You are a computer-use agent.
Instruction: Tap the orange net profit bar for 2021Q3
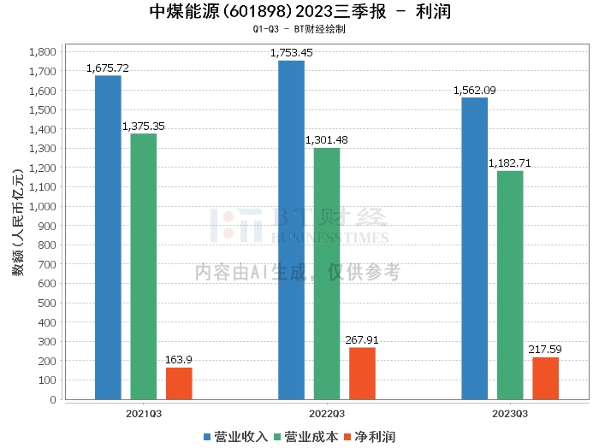pyautogui.click(x=179, y=383)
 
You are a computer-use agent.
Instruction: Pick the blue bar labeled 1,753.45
pyautogui.click(x=291, y=230)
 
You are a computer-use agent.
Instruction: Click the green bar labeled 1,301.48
pyautogui.click(x=327, y=274)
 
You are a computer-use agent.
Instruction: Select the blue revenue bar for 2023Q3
pyautogui.click(x=474, y=248)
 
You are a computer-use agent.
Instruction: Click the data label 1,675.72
pyautogui.click(x=108, y=68)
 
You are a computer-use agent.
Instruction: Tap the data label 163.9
pyautogui.click(x=179, y=360)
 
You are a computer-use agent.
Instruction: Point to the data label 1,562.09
pyautogui.click(x=474, y=90)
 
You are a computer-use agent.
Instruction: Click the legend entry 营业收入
pyautogui.click(x=236, y=437)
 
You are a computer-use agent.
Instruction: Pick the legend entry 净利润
pyautogui.click(x=370, y=437)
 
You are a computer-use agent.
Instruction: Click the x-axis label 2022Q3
pyautogui.click(x=327, y=412)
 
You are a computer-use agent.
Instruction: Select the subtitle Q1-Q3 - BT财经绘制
pyautogui.click(x=299, y=29)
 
